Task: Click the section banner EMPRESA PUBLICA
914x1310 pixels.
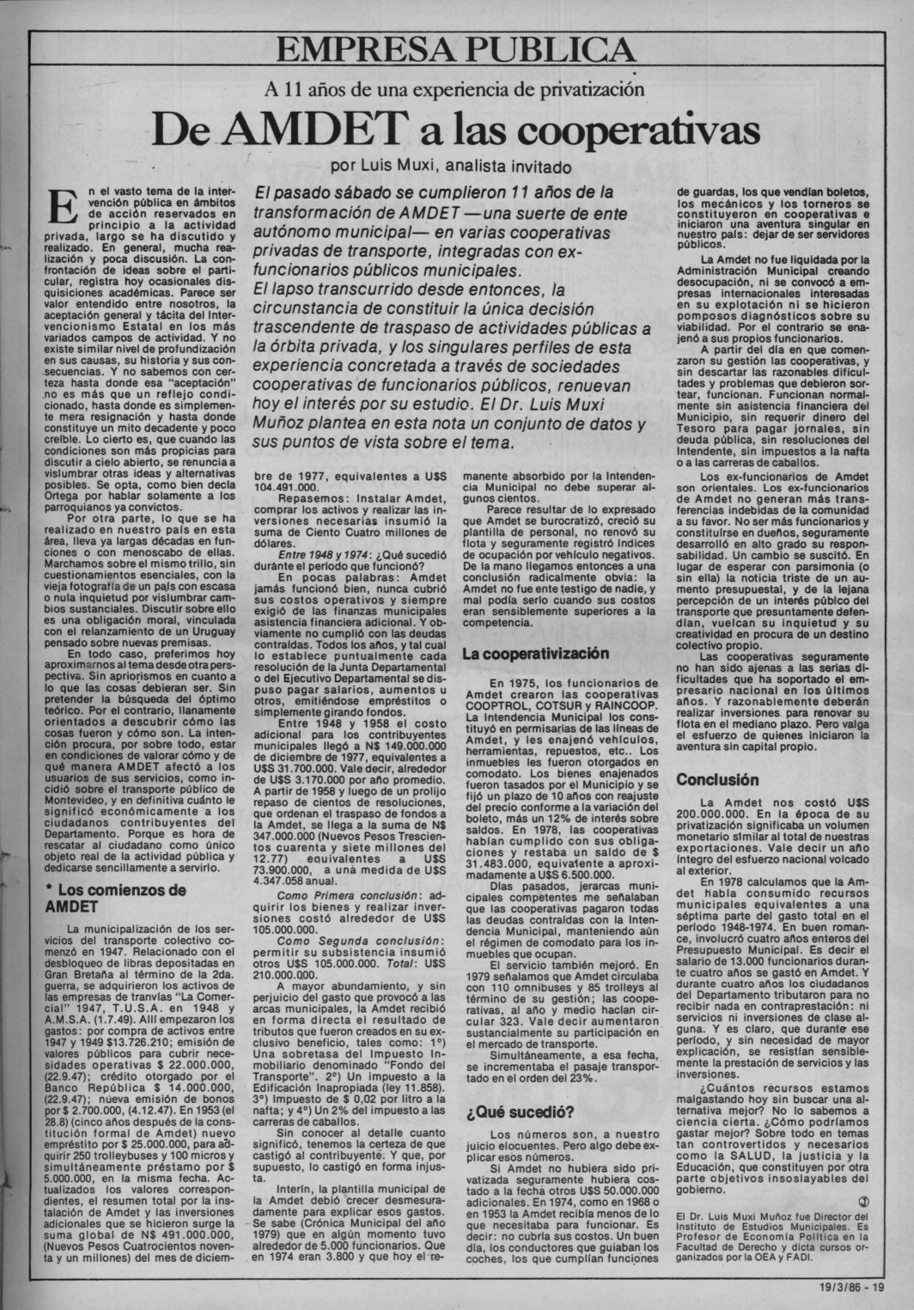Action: coord(457,51)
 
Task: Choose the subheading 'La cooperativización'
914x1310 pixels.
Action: coord(535,654)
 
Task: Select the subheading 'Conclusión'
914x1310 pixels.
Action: coord(717,780)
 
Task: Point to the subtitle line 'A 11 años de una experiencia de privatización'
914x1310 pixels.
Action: coord(455,87)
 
